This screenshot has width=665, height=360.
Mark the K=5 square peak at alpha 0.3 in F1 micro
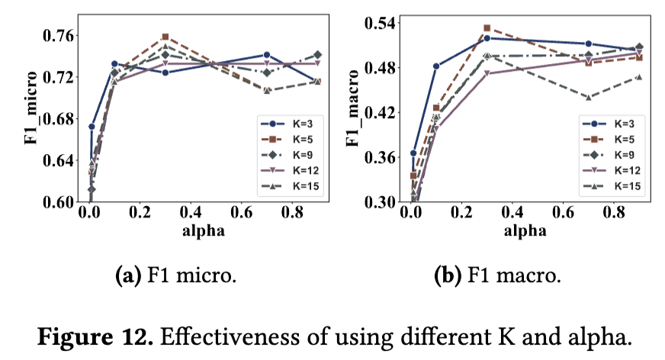[165, 37]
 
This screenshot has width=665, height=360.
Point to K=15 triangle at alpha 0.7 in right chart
[589, 97]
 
